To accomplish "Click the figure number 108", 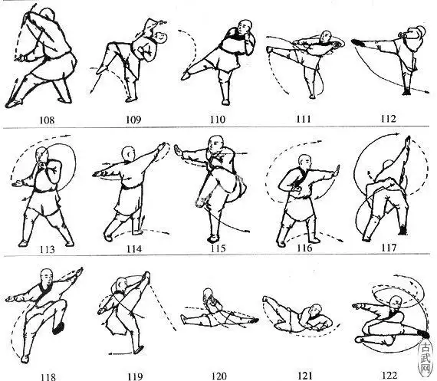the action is coord(47,120).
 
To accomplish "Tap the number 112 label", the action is coord(388,119).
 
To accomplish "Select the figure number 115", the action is coord(218,248).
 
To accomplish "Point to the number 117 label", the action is coord(389,248).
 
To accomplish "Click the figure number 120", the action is coord(219,376).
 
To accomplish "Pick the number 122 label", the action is coord(389,376).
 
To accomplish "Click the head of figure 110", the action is coord(245,27).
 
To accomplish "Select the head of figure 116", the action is coord(305,163).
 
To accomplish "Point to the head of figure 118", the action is coord(47,277).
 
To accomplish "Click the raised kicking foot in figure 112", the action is coord(357,43).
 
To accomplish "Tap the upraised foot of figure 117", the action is coord(409,140).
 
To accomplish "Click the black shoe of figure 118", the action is coord(58,329).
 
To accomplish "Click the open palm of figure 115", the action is coord(178,151).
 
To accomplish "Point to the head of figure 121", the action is coord(316,310).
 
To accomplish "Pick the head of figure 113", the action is coord(41,154).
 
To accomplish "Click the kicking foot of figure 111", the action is coord(269,50).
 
